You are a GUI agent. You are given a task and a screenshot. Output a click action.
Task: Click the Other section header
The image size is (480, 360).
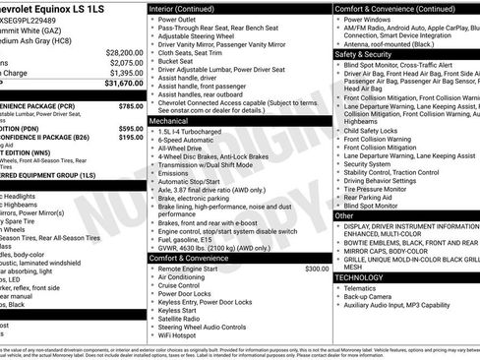345,214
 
